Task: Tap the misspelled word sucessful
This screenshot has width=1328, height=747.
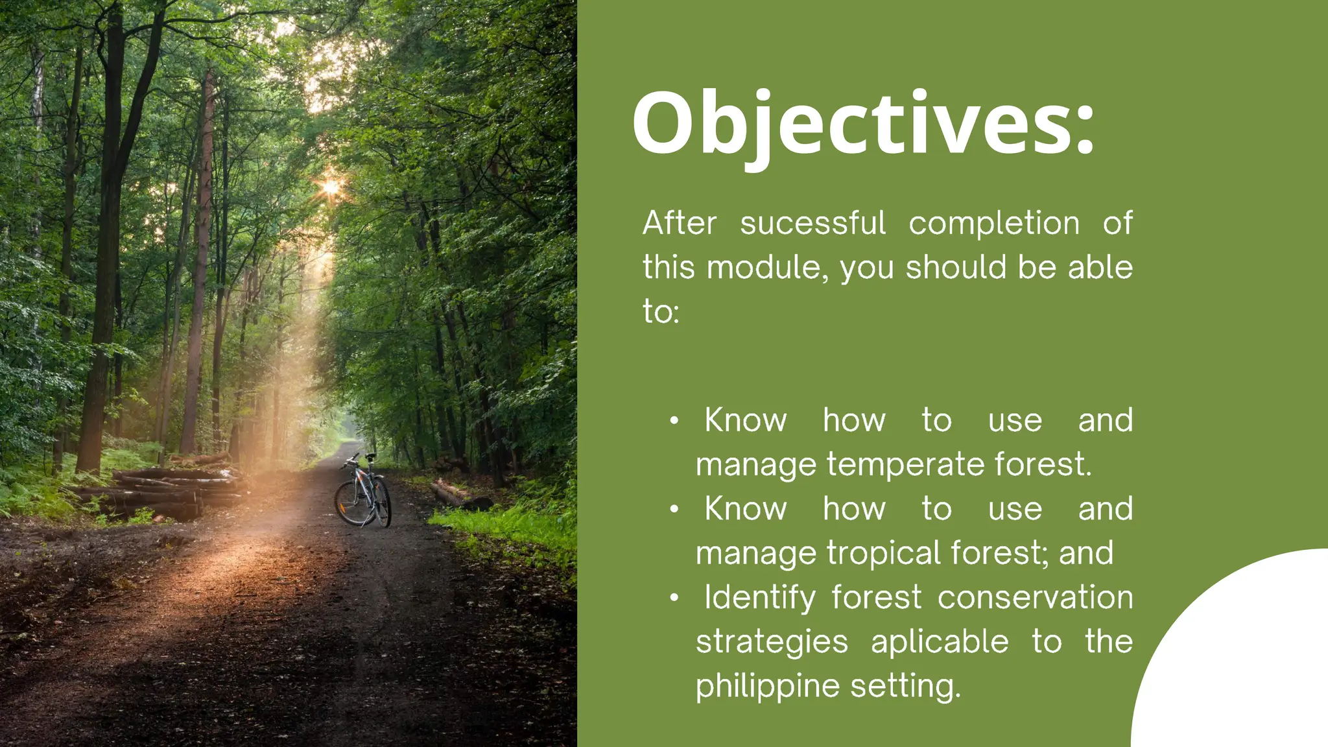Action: pos(812,224)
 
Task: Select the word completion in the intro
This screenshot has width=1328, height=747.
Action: pos(993,224)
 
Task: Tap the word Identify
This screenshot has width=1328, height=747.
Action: pos(760,598)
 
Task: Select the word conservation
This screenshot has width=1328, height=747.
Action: pos(1035,598)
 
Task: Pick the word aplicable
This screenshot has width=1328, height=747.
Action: pos(940,642)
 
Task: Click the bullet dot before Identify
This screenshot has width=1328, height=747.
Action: pos(674,598)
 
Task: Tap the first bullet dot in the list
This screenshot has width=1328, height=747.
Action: pos(674,421)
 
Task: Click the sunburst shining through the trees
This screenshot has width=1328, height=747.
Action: pos(331,187)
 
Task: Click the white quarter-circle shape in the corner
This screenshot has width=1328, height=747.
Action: pos(1245,661)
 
